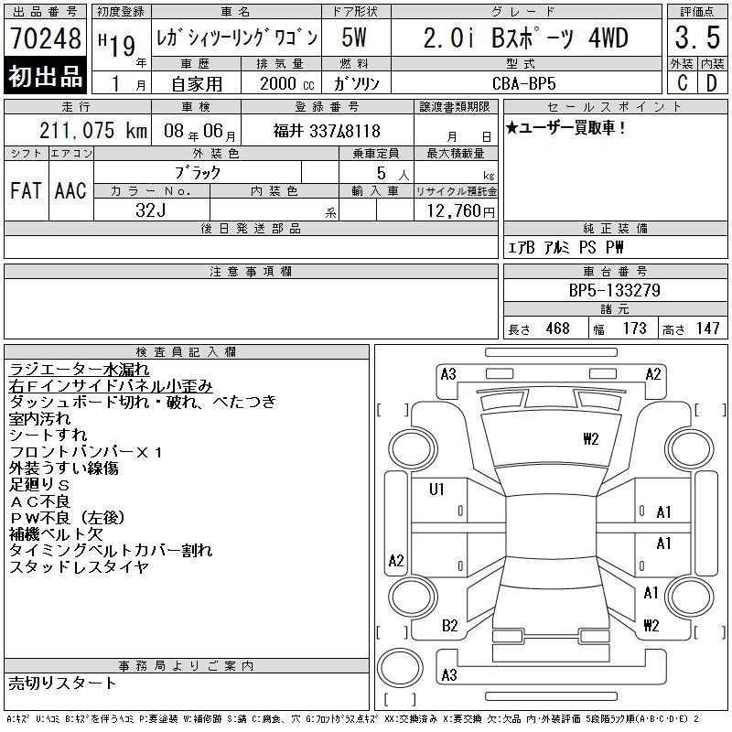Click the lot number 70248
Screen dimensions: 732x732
(46, 38)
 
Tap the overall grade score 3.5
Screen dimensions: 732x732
(697, 38)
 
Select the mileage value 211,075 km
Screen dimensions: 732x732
(93, 131)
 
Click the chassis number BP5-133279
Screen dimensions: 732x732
(615, 291)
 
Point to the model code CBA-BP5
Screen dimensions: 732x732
(524, 83)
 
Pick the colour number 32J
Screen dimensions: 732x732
(151, 210)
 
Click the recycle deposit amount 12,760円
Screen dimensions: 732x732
(461, 211)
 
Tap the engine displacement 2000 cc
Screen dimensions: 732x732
(287, 84)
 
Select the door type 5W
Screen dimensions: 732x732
(354, 38)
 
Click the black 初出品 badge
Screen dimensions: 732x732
(45, 75)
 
